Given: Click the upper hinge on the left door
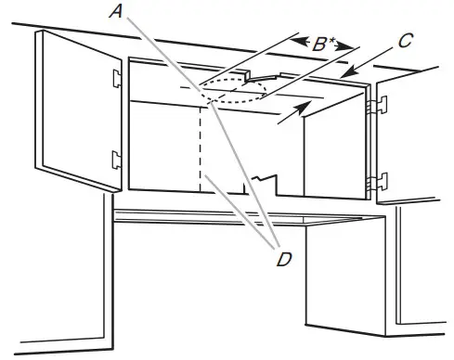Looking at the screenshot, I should point(116,77).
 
